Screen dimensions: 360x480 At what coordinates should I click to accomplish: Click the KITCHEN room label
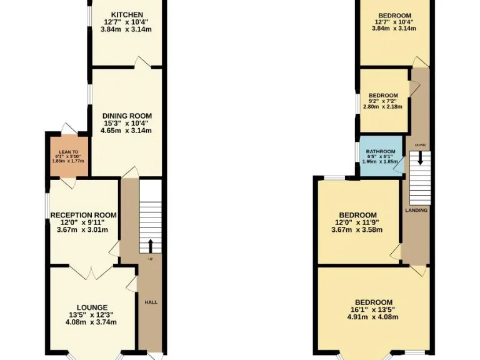[x=127, y=15]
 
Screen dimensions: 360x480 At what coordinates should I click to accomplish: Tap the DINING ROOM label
[x=127, y=116]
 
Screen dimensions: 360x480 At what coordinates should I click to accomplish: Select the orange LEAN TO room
[x=68, y=156]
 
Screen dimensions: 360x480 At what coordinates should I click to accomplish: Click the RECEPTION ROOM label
[x=83, y=215]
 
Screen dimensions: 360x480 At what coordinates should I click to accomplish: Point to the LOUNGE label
[x=92, y=307]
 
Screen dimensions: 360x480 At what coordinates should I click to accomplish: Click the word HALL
[x=151, y=302]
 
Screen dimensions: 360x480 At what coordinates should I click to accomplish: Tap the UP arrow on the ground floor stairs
[x=150, y=244]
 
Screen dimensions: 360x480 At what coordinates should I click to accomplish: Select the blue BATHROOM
[x=380, y=156]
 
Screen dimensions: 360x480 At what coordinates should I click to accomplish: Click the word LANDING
[x=416, y=210]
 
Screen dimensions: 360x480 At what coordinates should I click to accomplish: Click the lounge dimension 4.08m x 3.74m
[x=92, y=322]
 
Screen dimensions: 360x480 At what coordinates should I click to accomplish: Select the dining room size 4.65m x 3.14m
[x=127, y=131]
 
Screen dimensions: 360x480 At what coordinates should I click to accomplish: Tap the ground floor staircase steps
[x=150, y=206]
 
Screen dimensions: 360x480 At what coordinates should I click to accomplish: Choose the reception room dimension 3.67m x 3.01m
[x=83, y=229]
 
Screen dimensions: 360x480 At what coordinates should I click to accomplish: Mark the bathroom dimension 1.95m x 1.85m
[x=379, y=162]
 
